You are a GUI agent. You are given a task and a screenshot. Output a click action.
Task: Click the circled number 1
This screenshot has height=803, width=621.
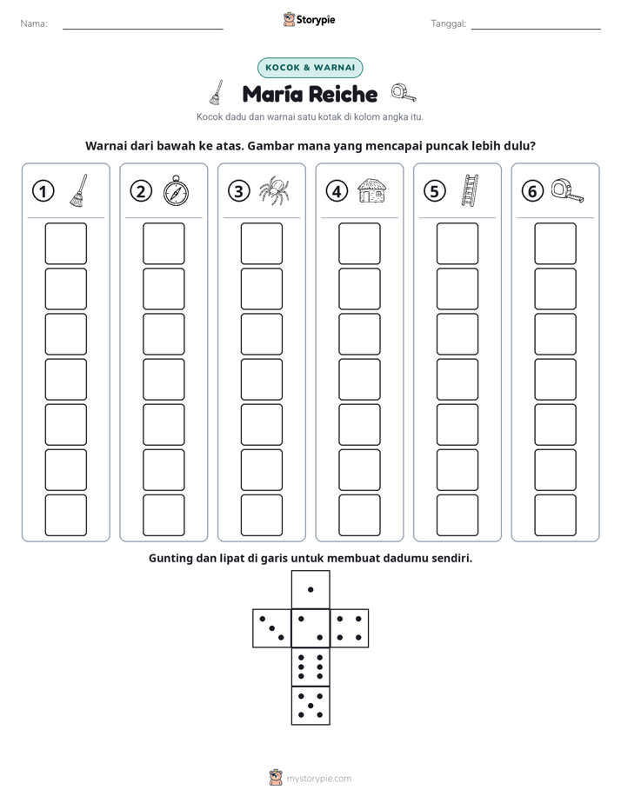click(43, 191)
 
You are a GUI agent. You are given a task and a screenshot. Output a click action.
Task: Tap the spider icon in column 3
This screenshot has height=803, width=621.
click(274, 190)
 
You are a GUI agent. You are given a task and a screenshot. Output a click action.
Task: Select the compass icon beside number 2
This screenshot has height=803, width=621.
click(177, 190)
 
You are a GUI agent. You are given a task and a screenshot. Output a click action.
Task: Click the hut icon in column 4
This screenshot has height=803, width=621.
click(372, 190)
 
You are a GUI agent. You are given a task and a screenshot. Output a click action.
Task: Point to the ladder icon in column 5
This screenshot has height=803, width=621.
click(470, 190)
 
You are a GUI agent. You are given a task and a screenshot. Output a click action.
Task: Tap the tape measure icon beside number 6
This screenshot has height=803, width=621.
click(568, 191)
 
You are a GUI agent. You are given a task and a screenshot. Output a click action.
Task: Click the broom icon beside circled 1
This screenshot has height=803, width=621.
click(78, 190)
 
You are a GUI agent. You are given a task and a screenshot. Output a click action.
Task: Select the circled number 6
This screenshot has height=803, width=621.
click(532, 191)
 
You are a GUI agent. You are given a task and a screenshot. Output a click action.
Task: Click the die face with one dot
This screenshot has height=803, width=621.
click(310, 589)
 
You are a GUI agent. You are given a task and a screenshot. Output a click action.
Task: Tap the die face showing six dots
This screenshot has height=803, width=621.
click(310, 667)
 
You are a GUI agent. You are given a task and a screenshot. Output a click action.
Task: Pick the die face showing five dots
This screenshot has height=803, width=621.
click(310, 705)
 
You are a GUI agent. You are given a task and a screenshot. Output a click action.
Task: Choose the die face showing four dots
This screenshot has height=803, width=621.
click(349, 627)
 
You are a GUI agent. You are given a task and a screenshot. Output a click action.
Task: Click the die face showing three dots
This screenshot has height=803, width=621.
click(272, 627)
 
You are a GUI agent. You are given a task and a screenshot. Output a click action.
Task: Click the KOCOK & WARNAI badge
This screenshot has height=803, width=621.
click(310, 68)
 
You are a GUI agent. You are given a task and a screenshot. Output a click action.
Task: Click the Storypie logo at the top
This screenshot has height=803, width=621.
click(309, 19)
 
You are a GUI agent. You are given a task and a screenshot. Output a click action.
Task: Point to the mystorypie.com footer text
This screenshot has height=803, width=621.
click(318, 779)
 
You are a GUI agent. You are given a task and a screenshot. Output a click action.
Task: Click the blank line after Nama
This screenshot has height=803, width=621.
click(143, 29)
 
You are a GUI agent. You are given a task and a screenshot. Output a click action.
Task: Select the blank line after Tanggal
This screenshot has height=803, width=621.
click(536, 29)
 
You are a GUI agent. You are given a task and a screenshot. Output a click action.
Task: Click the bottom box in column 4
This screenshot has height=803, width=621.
click(359, 515)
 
